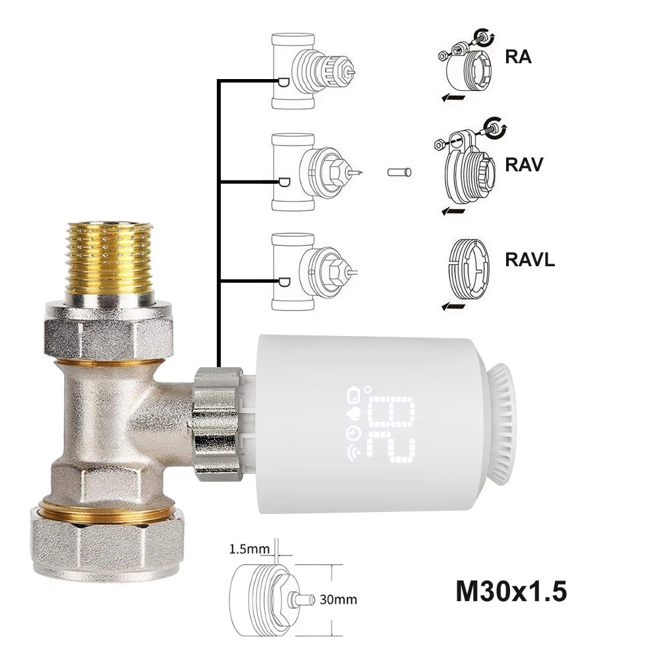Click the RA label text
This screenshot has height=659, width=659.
tap(518, 57)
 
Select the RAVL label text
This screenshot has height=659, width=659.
tap(530, 259)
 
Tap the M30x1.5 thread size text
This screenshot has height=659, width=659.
tap(511, 591)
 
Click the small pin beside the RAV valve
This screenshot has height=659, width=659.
tap(399, 172)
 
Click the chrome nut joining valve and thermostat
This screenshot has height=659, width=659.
tap(215, 421)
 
